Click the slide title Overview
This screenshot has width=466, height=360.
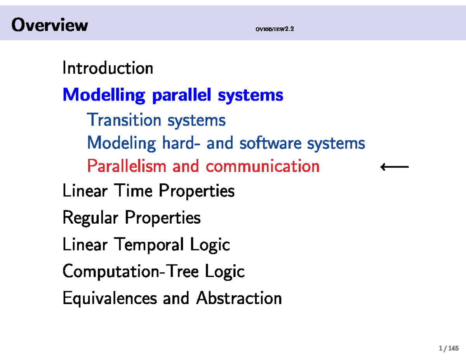(x=50, y=26)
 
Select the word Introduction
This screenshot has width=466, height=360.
(x=108, y=69)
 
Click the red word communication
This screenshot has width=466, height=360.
(x=263, y=167)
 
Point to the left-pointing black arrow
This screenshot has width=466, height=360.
(x=394, y=167)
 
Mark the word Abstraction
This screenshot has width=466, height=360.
(x=239, y=298)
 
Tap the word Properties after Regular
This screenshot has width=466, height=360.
(x=163, y=218)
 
